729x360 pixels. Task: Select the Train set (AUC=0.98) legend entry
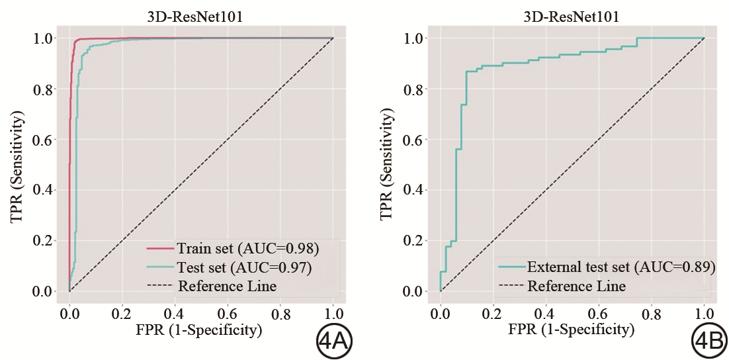pos(248,249)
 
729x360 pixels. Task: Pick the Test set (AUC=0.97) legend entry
pos(244,268)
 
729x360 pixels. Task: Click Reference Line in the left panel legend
pos(227,287)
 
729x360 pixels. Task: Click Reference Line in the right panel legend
pos(576,287)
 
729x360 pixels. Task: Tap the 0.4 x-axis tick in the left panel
pos(175,311)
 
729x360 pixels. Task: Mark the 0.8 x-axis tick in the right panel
pos(652,311)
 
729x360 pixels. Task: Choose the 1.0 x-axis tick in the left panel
pos(333,311)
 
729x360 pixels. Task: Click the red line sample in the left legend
pos(159,249)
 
